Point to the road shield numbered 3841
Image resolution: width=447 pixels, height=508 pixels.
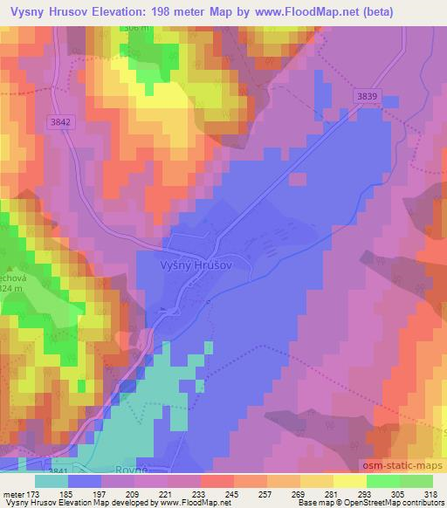(x=59, y=470)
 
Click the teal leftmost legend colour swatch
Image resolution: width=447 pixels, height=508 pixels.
(x=52, y=481)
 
